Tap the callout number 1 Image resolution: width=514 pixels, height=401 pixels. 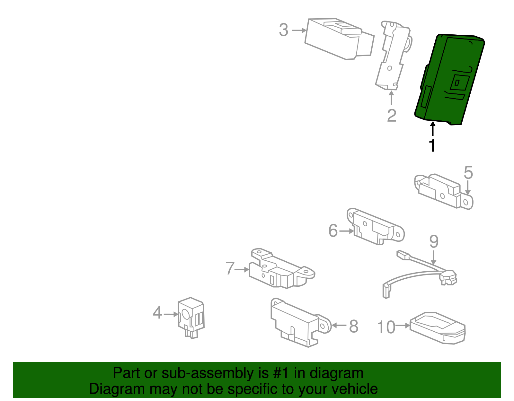coord(432,145)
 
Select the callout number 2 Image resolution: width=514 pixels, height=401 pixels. coord(392,116)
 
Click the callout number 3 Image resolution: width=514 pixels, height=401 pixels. coord(283,30)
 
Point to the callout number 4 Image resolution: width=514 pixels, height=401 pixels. coord(157,312)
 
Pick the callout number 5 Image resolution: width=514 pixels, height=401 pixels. coord(468,173)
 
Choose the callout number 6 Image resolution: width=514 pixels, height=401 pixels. coord(333,231)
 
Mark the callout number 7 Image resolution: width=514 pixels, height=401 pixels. coord(230,268)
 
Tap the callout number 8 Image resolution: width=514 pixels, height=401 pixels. coord(353,327)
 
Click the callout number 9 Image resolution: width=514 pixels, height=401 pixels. coord(434,241)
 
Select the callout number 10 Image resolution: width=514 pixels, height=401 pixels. coord(386,327)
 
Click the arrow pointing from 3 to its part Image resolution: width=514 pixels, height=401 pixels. coord(299,31)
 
